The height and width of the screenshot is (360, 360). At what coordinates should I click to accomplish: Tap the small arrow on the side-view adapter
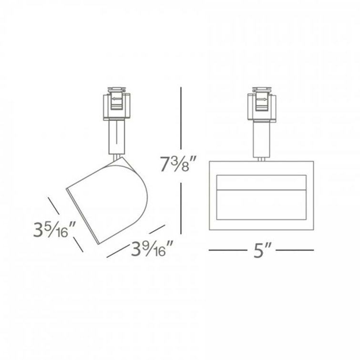(116, 100)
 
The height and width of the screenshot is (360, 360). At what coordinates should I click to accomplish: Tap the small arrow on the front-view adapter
(262, 100)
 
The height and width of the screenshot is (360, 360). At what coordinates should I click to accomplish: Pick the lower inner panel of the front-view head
(261, 206)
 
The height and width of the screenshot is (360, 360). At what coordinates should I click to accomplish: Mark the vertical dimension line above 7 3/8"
(180, 119)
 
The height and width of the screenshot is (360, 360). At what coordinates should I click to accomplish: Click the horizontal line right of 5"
(295, 250)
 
